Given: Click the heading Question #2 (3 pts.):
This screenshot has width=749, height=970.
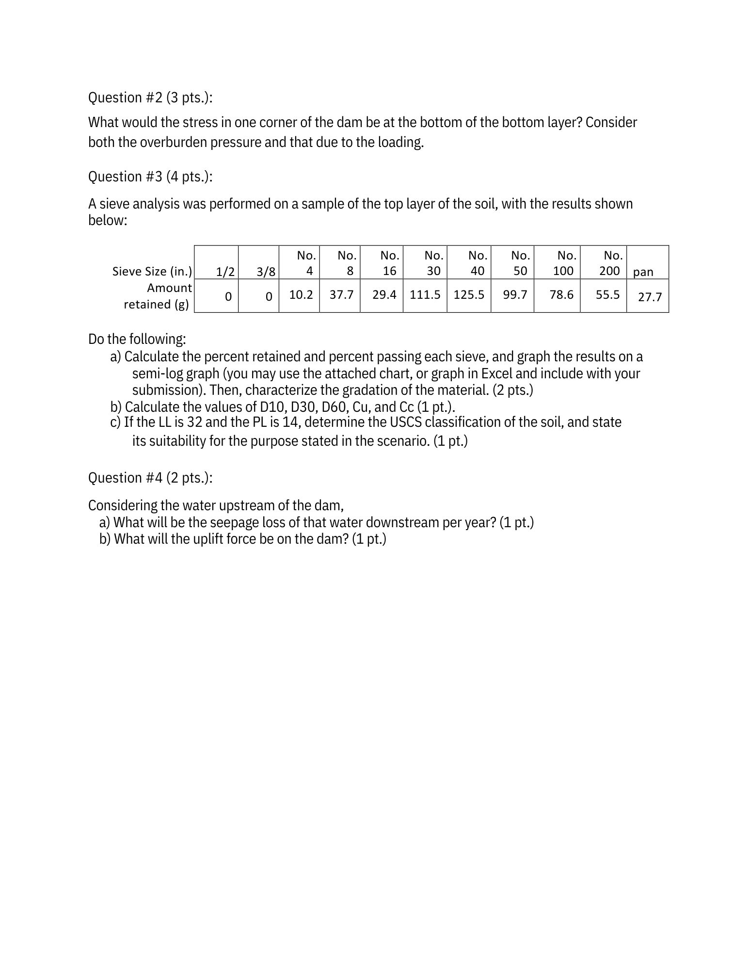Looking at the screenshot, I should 150,98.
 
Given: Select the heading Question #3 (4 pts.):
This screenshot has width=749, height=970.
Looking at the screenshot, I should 150,177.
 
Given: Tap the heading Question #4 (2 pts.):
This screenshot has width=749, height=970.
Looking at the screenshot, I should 150,478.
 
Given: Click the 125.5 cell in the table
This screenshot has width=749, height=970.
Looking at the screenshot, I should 469,295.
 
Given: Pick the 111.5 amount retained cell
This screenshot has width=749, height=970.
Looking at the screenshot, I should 425,295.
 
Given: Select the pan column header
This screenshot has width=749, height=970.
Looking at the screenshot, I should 643,272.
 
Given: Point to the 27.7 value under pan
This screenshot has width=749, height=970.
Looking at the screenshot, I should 650,297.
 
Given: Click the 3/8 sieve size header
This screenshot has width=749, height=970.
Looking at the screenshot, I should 266,272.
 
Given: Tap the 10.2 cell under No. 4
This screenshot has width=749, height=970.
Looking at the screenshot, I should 301,295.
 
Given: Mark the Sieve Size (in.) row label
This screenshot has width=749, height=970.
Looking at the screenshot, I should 152,271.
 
